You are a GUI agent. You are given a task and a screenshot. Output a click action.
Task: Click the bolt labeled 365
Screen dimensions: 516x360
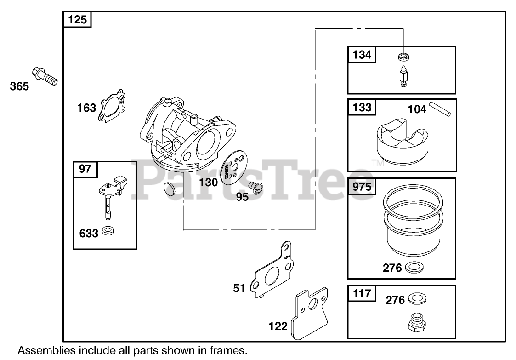45,76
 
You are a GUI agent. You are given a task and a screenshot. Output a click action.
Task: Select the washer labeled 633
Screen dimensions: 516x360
108,231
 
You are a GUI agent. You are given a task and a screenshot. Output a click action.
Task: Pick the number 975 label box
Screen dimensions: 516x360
362,187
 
